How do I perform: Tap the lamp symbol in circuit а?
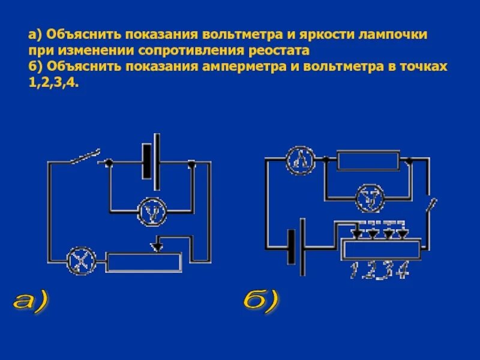tap(77, 261)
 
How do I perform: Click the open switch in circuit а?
tap(83, 158)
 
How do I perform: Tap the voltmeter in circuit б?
tap(369, 199)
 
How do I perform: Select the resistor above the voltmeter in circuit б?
tap(368, 160)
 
